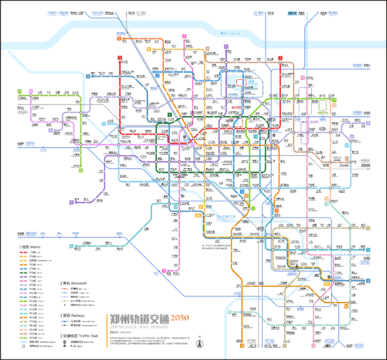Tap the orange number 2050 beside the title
click(x=180, y=319)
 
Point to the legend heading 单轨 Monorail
click(x=73, y=283)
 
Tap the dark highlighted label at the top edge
click(x=293, y=13)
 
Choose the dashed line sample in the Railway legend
click(x=68, y=326)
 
